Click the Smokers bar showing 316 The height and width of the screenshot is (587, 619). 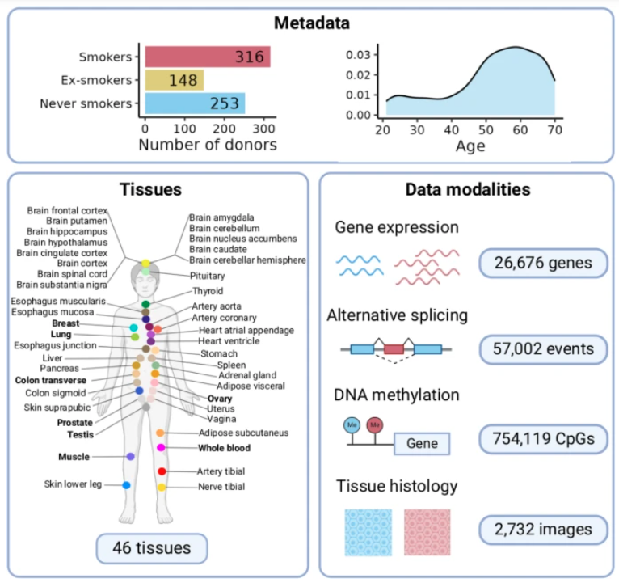[207, 57]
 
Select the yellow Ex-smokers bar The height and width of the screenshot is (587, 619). [174, 80]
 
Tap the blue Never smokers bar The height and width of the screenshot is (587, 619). [194, 103]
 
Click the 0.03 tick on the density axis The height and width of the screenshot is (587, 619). [360, 55]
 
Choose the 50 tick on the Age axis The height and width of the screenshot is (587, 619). [485, 128]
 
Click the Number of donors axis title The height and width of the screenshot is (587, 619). [207, 146]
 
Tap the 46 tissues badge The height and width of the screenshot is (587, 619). [152, 548]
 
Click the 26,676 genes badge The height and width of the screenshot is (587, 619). [542, 262]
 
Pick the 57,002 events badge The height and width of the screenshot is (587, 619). [542, 349]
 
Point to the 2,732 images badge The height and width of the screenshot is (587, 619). [542, 530]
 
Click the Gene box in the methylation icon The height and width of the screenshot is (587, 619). [422, 444]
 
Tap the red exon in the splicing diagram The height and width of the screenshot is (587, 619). [394, 349]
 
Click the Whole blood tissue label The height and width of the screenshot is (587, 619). [224, 448]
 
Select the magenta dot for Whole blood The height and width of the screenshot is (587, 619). [162, 447]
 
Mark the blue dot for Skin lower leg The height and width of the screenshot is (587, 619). [126, 485]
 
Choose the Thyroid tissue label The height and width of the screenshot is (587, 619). [208, 291]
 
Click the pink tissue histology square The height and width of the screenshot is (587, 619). [427, 531]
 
